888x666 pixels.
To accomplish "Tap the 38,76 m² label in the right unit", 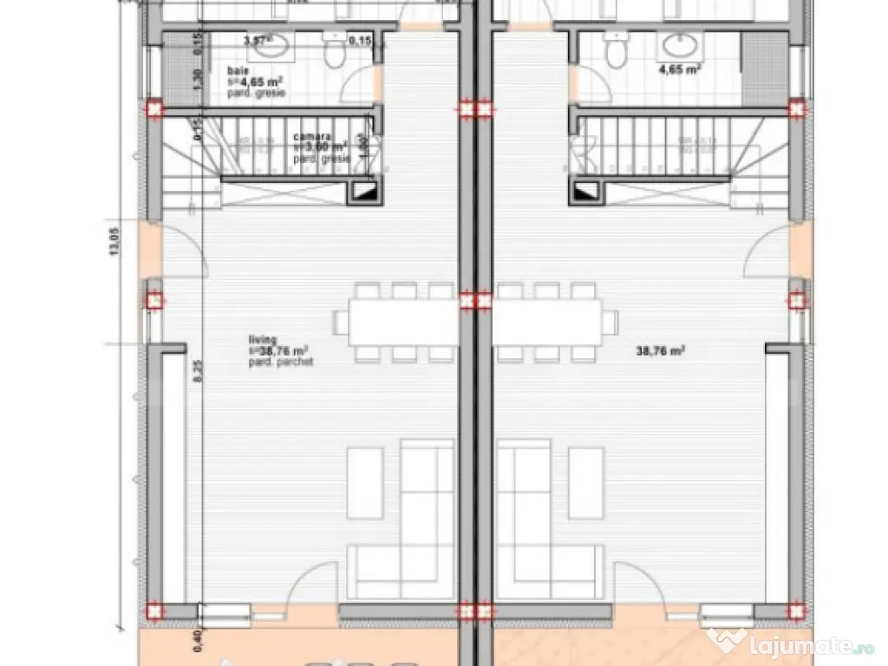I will [x=661, y=351].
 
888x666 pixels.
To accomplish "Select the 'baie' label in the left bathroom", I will [x=236, y=70].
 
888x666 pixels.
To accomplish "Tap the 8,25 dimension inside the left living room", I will [x=197, y=372].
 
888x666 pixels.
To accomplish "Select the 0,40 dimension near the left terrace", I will [x=198, y=641].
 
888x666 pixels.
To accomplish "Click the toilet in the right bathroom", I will [x=617, y=52].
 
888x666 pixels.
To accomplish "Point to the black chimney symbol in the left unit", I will [x=363, y=192].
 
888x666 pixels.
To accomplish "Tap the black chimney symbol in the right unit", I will [x=587, y=192].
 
